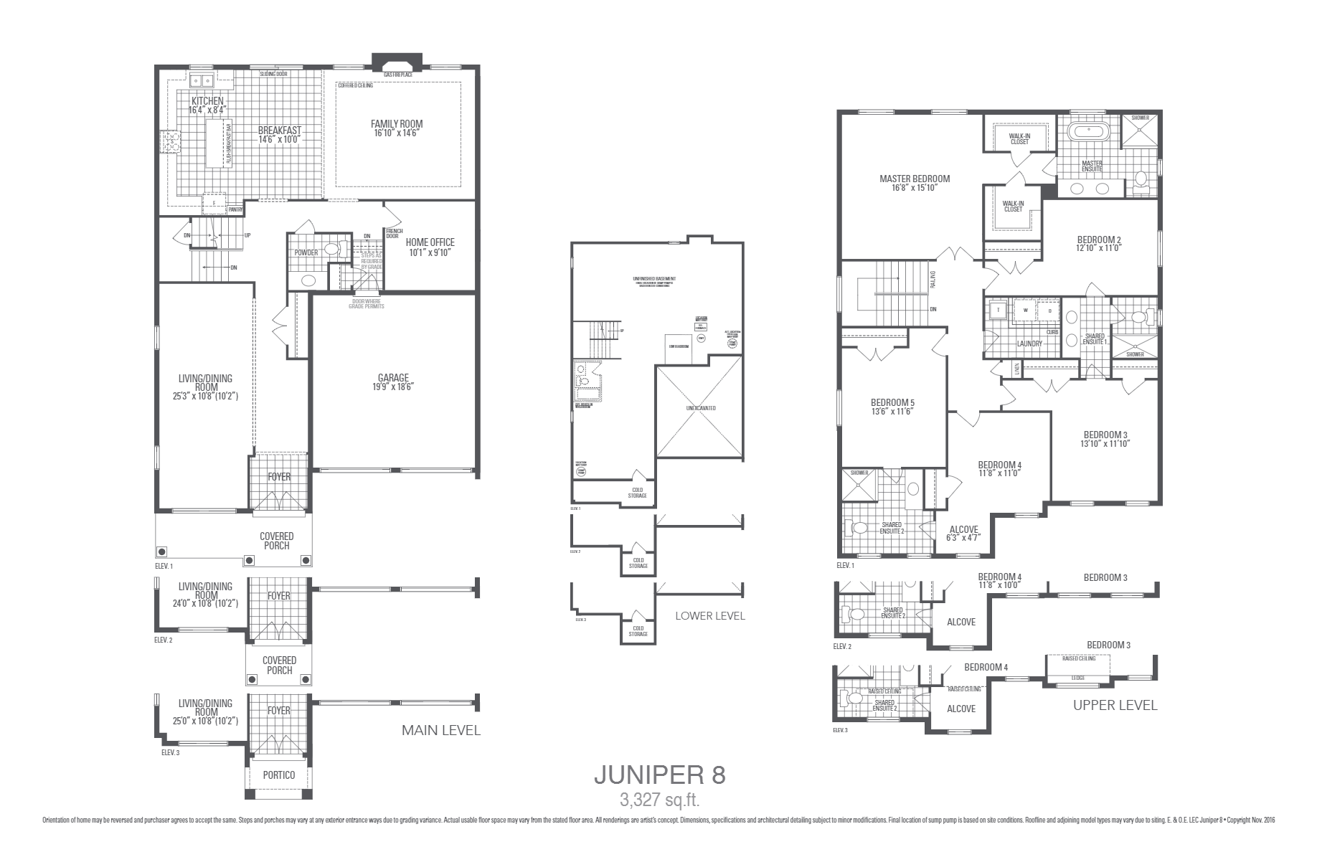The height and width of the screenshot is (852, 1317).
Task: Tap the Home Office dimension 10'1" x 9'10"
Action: pyautogui.click(x=431, y=252)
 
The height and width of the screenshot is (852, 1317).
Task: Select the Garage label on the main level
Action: pyautogui.click(x=393, y=378)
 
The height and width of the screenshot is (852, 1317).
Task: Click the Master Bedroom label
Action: pyautogui.click(x=915, y=179)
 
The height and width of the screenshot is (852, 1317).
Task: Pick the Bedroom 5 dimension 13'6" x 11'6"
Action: pyautogui.click(x=892, y=412)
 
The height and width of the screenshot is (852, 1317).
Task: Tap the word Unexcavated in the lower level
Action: pyautogui.click(x=699, y=408)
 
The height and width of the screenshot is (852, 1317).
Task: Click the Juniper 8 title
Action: pyautogui.click(x=659, y=775)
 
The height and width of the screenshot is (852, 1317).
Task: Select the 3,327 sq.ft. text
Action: pyautogui.click(x=659, y=799)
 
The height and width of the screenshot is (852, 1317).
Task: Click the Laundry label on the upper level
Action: pyautogui.click(x=1029, y=344)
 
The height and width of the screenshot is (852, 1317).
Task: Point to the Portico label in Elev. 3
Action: pyautogui.click(x=279, y=775)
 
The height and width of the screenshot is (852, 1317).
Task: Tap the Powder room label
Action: pyautogui.click(x=306, y=252)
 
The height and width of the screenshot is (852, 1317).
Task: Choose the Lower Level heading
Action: pyautogui.click(x=709, y=615)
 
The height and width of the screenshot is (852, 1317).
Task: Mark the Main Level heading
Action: pyautogui.click(x=440, y=730)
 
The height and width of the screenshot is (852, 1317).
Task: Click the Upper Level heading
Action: pyautogui.click(x=1115, y=705)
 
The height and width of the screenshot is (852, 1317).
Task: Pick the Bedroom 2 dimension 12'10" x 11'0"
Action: pyautogui.click(x=1098, y=248)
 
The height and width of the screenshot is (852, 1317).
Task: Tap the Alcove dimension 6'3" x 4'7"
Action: pyautogui.click(x=963, y=538)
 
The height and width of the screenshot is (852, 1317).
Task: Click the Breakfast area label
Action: pyautogui.click(x=279, y=131)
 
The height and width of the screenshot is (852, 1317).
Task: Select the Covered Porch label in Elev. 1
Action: pyautogui.click(x=276, y=541)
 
